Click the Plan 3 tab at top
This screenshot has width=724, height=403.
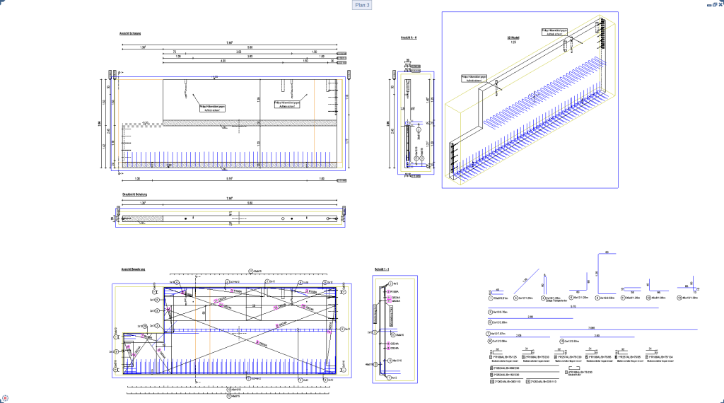click(361, 5)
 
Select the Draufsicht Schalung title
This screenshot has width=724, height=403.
click(134, 194)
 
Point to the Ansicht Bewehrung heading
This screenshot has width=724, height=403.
click(133, 269)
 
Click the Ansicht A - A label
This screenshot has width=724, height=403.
click(409, 37)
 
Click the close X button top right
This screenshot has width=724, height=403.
click(719, 4)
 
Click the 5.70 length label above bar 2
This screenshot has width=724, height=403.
click(573, 307)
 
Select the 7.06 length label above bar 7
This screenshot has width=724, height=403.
click(591, 328)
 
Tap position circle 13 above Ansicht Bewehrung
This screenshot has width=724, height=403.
click(251, 271)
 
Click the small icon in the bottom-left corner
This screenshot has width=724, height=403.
click(5, 398)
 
